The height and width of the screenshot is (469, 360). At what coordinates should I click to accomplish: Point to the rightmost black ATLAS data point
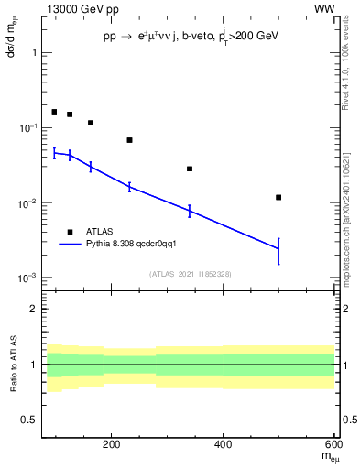[x=278, y=197]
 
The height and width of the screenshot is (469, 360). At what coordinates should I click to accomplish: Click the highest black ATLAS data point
[x=54, y=112]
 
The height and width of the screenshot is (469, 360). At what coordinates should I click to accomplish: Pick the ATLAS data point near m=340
[x=190, y=169]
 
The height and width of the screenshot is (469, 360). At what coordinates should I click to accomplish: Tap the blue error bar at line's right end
[x=278, y=250]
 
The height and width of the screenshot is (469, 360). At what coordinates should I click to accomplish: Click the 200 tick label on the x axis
[x=112, y=446]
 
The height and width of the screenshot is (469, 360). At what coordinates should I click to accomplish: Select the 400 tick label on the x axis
[x=224, y=446]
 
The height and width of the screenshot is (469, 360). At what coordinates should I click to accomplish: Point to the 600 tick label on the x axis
[x=334, y=446]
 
